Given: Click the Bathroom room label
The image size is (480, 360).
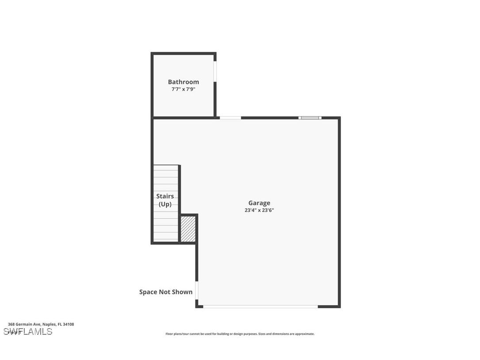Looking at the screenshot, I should coord(183,82).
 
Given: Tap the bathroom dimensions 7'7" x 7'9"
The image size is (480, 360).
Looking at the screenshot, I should coord(183,89).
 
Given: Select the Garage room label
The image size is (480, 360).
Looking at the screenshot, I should coord(259,203).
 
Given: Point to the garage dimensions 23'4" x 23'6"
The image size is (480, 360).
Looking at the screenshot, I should coord(259,211).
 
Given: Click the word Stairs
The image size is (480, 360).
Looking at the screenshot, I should coord(165,196).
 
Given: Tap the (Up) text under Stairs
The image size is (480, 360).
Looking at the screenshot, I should coord(165,204).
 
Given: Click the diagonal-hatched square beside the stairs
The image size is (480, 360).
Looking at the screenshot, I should coord(188,229).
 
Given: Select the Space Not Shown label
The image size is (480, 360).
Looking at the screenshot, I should coord(166,292).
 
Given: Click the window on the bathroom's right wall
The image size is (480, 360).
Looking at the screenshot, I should coord(215,71).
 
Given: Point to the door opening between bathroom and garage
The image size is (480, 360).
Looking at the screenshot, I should coord(230,118).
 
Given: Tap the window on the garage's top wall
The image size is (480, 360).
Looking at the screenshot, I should coord(310,118).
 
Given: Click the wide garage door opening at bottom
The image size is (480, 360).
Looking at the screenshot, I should coord(260,306).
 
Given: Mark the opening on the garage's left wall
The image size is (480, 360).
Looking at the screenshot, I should coord(197,291).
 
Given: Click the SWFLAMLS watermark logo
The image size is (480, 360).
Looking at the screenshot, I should coord(28,332).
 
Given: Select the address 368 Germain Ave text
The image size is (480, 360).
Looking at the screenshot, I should coord(25,324).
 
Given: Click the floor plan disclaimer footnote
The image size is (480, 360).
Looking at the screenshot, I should coord(240,334).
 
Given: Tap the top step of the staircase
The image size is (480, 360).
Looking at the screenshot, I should coord(166,169).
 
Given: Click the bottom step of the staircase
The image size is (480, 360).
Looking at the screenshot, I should coord(166,239).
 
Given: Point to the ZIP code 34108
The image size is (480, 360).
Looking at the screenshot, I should coord(69,324).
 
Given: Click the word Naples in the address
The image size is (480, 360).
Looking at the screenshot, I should coord(49,324).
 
